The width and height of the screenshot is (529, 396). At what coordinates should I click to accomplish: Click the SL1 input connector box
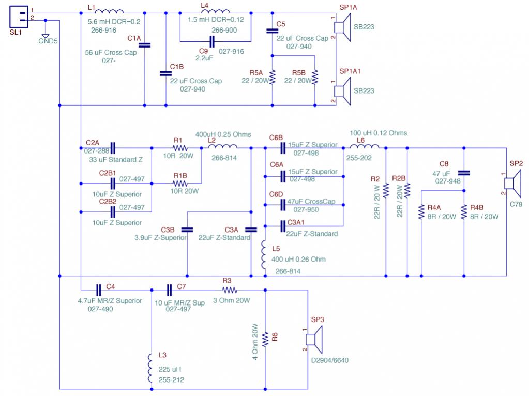click(19, 17)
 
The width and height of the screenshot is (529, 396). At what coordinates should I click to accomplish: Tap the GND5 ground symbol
click(45, 36)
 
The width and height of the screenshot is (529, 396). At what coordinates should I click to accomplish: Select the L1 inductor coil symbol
click(109, 11)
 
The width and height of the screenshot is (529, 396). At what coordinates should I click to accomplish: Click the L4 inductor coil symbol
click(215, 11)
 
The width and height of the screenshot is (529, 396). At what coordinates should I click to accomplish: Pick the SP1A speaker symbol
click(342, 27)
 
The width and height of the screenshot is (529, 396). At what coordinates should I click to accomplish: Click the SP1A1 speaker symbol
click(342, 92)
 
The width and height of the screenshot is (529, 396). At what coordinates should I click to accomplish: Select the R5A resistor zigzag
click(273, 77)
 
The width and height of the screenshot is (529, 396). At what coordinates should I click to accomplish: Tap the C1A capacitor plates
click(145, 45)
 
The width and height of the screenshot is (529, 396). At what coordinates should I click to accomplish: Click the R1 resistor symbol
click(180, 148)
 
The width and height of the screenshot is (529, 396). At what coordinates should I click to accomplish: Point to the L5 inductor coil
click(264, 255)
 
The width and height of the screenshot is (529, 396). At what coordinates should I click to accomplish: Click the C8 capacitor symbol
click(464, 173)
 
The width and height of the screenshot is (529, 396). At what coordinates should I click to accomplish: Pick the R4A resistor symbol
click(421, 212)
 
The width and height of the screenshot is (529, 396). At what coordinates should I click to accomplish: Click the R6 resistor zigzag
click(265, 339)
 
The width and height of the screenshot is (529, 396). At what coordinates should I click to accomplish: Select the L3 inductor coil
click(150, 368)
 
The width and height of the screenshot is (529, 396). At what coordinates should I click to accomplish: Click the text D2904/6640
click(329, 360)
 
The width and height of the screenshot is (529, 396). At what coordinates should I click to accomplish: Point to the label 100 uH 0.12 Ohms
click(378, 133)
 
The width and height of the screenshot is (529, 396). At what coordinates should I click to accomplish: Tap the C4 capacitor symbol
click(99, 290)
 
